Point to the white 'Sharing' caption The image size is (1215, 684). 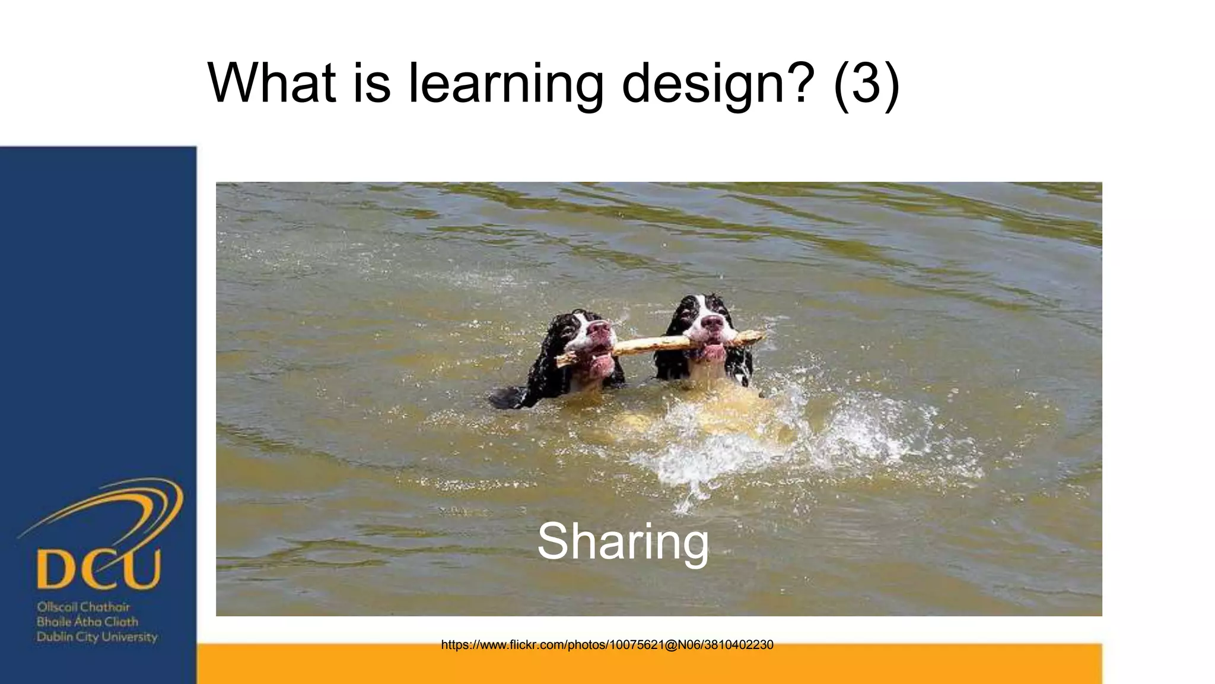[x=623, y=541]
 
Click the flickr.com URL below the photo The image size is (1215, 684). [x=607, y=645]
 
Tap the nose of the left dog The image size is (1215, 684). [x=599, y=328]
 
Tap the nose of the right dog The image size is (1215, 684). [x=712, y=323]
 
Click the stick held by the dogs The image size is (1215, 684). [x=653, y=344]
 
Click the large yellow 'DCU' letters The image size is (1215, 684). [x=98, y=569]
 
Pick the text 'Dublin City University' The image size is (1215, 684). [x=97, y=637]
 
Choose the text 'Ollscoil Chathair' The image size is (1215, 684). [x=83, y=607]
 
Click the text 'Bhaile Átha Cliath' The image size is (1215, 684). [x=87, y=622]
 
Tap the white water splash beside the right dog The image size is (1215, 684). [x=860, y=433]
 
